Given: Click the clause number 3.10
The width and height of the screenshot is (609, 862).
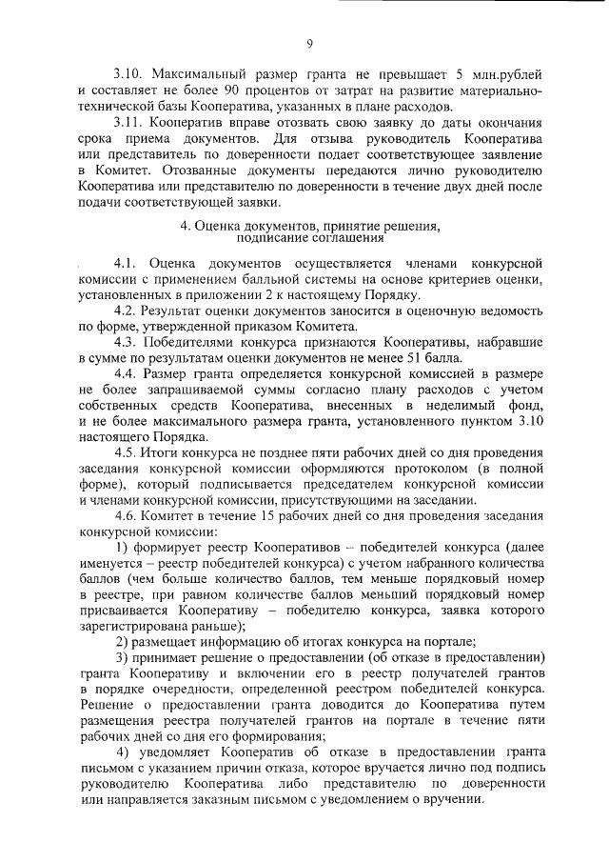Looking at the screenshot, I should click(128, 75).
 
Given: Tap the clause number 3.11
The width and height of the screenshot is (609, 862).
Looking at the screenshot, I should click(128, 124).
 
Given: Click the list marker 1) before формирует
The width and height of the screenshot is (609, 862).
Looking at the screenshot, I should click(121, 553).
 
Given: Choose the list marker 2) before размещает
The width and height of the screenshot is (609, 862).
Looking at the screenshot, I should click(121, 641).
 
